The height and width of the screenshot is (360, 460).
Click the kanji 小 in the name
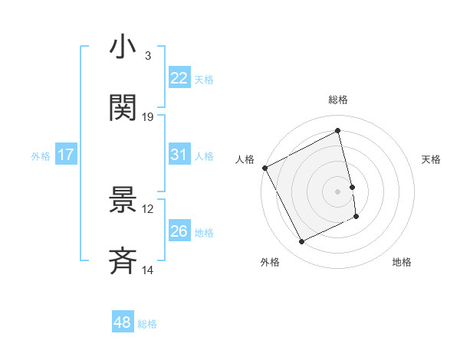tap(123, 47)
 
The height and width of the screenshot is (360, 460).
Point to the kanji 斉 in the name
tap(123, 260)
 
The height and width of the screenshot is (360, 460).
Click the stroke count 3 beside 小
tap(147, 56)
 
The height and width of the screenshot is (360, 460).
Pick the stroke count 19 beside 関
tap(148, 117)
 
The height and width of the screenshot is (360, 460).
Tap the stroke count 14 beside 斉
tap(148, 270)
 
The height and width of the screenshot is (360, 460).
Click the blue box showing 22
tap(179, 78)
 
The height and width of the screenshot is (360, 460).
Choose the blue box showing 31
tap(179, 155)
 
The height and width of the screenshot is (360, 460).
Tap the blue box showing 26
tap(179, 231)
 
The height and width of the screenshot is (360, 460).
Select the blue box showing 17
tap(66, 155)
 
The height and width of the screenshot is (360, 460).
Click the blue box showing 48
tap(123, 322)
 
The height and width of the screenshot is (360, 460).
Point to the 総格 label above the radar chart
tap(338, 100)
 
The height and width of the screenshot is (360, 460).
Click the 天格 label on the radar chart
tap(432, 159)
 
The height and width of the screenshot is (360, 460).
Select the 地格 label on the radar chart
tap(402, 262)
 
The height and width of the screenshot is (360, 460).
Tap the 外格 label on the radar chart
tap(270, 262)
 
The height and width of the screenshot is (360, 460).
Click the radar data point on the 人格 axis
tap(264, 168)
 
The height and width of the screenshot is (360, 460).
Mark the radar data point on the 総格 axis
tap(338, 131)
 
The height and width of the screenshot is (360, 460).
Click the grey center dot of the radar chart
tap(338, 191)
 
